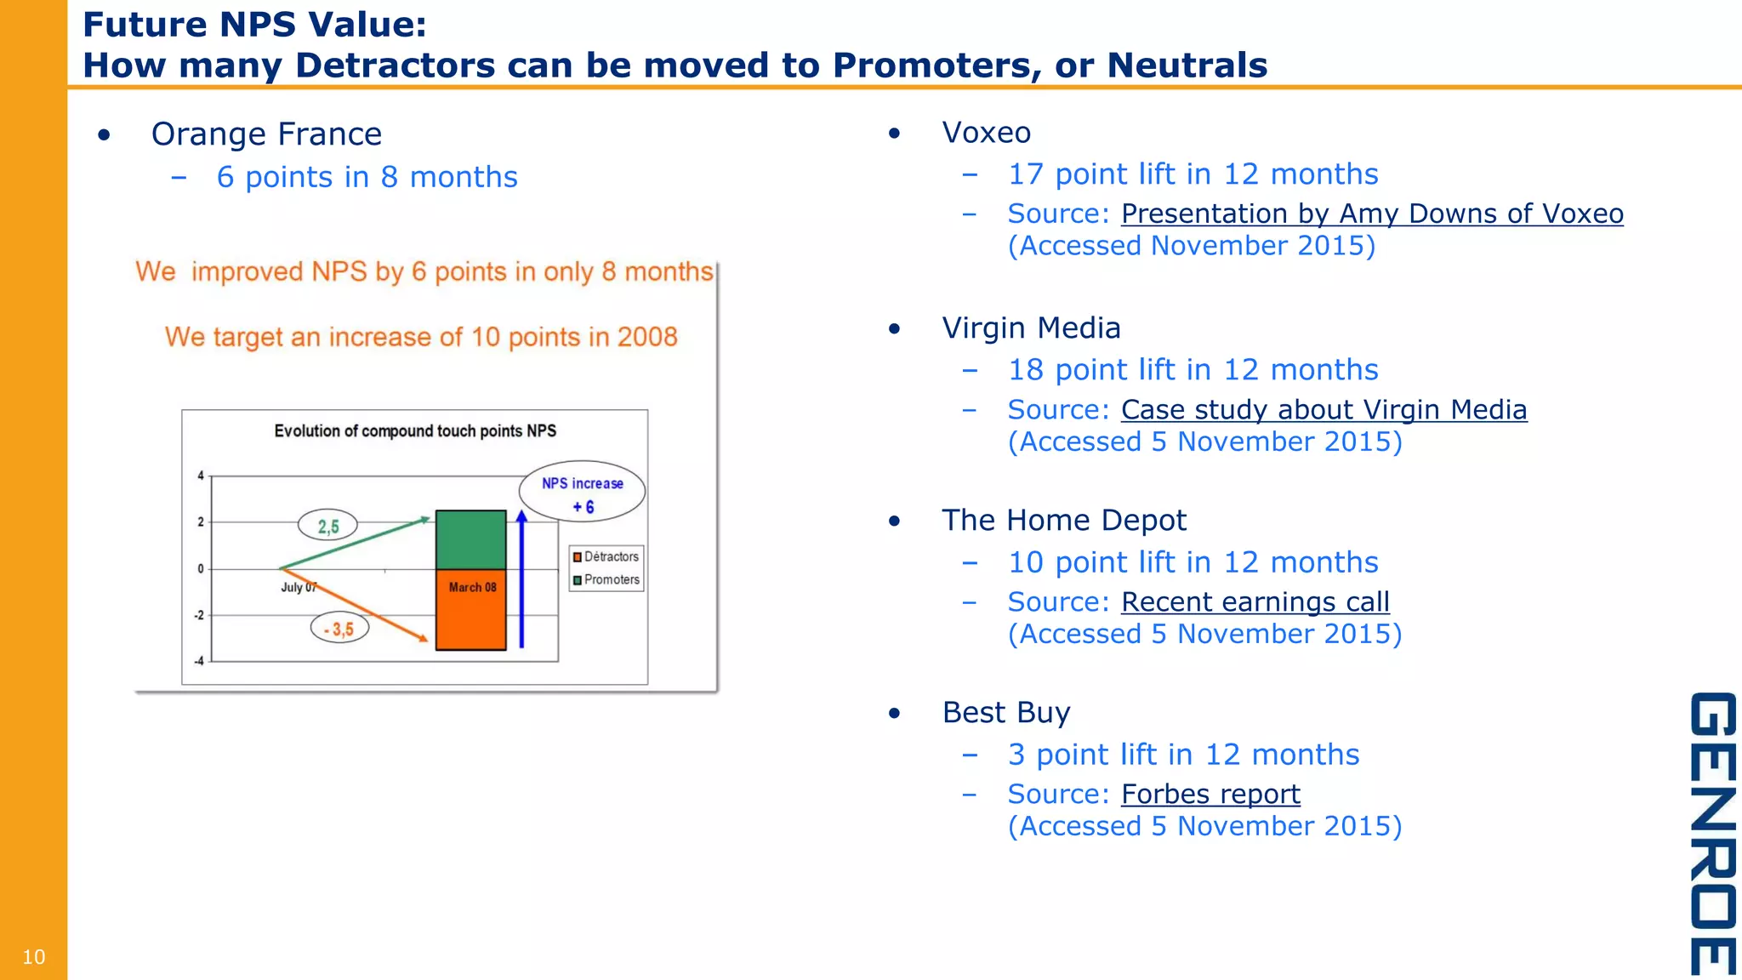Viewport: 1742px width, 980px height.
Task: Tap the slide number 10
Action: pos(33,957)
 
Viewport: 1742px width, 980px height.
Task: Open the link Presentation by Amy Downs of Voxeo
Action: pos(1371,214)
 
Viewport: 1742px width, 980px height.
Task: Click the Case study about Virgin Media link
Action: pos(1324,410)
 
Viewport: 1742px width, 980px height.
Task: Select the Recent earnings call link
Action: pos(1255,602)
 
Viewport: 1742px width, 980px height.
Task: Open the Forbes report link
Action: pos(1210,795)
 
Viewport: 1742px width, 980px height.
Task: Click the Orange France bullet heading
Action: pos(266,134)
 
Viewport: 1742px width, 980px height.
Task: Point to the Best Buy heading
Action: pos(1005,713)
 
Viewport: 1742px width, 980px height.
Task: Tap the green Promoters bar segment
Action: pos(470,539)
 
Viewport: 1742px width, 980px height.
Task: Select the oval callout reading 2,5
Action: pos(327,526)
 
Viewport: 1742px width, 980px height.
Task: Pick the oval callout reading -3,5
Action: pos(339,630)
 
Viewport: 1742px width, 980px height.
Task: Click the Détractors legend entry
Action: pos(606,557)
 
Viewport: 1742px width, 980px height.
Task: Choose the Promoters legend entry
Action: pos(606,580)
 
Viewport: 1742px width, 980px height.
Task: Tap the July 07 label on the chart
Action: pos(299,587)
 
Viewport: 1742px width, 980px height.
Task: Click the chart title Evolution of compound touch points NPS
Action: pos(415,431)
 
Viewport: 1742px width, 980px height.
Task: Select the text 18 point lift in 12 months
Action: pos(1193,370)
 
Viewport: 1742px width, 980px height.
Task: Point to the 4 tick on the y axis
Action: pos(201,476)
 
